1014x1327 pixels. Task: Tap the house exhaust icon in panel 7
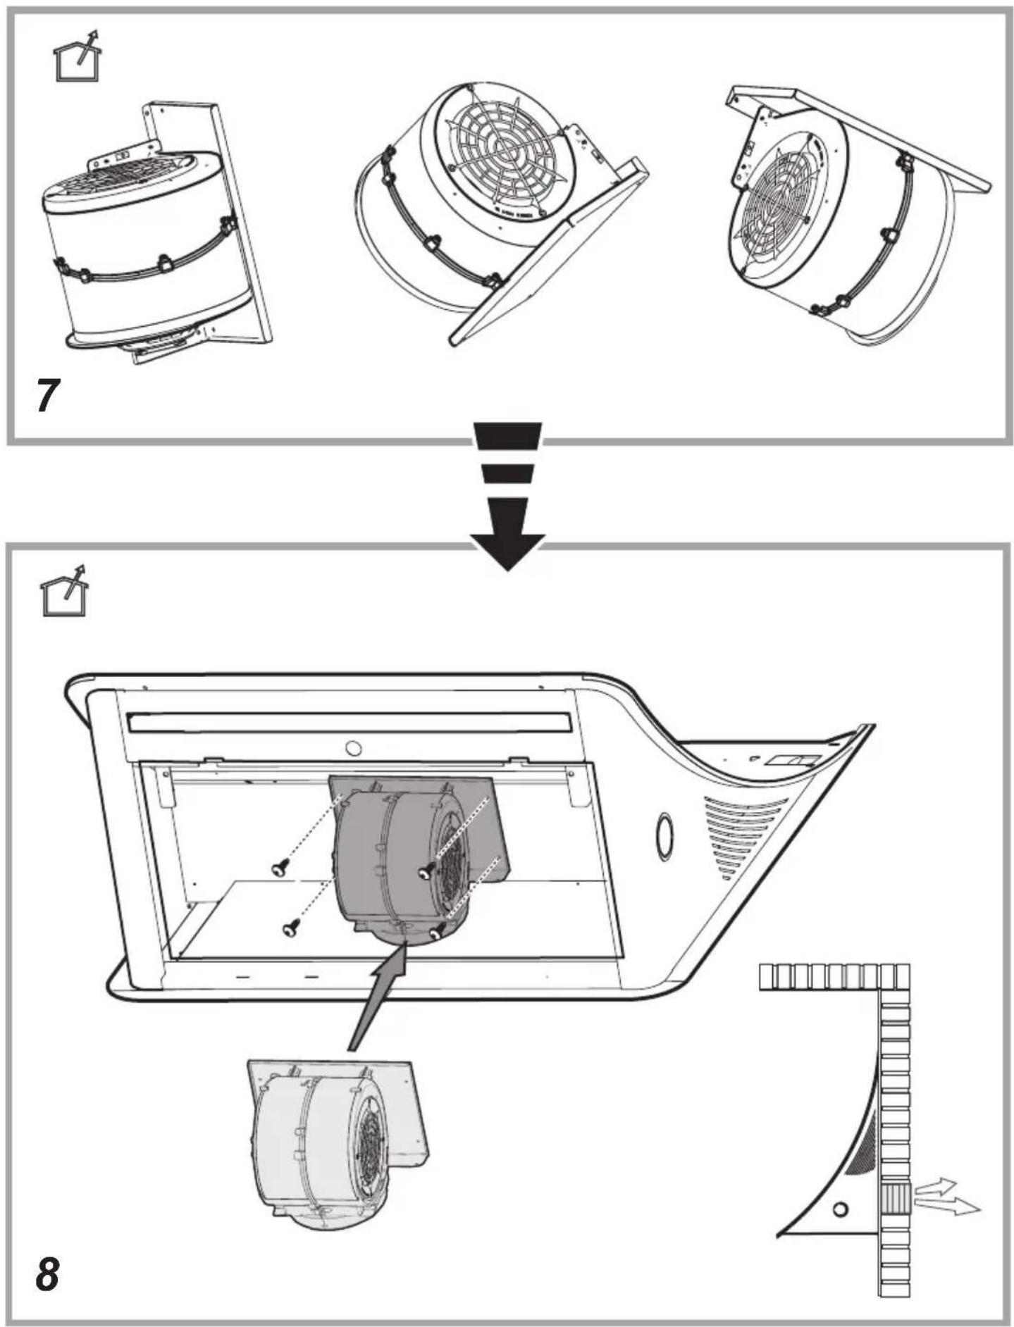coord(78,56)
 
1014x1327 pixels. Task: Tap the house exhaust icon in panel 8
coord(65,590)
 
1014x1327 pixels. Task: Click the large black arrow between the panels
coord(508,496)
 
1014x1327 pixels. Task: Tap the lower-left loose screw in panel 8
coord(290,929)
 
